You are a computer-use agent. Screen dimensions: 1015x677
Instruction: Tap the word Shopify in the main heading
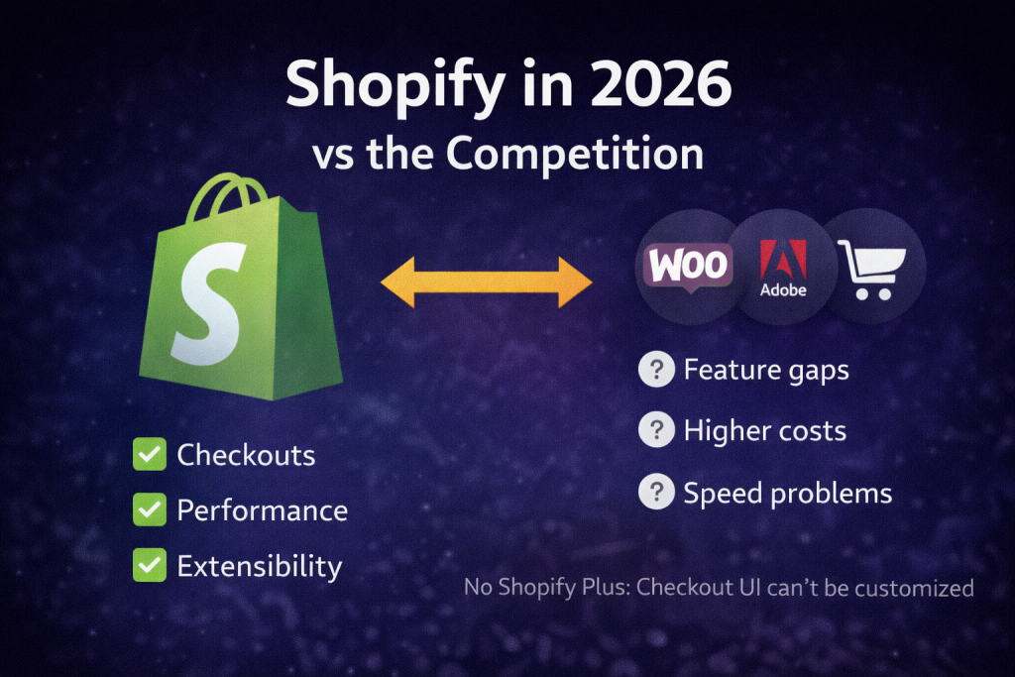[x=395, y=88]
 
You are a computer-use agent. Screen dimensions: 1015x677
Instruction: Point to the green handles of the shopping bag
[x=227, y=194]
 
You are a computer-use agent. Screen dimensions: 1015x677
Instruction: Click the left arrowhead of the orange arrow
[x=397, y=282]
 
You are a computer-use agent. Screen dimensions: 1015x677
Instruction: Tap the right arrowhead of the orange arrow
[x=575, y=282]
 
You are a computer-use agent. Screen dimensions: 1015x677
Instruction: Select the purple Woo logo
[x=688, y=266]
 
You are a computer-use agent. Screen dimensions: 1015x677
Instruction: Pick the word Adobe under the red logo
[x=783, y=290]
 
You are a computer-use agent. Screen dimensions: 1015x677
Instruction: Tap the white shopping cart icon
[x=871, y=270]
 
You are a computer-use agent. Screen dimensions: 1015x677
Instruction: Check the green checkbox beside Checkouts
[x=150, y=454]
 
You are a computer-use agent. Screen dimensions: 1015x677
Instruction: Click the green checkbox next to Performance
[x=150, y=509]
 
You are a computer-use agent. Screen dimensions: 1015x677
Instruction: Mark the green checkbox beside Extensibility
[x=150, y=565]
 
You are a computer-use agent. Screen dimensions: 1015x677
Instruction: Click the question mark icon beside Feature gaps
[x=656, y=370]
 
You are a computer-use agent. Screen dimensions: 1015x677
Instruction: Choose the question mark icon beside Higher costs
[x=656, y=430]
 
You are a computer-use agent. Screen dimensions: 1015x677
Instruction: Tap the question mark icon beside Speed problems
[x=656, y=492]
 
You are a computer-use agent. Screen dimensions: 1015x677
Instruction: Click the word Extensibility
[x=260, y=567]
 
